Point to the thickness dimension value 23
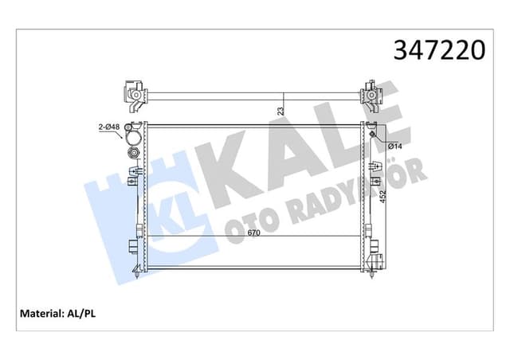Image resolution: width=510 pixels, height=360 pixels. [280, 112]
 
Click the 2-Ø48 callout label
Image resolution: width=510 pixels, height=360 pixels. [108, 126]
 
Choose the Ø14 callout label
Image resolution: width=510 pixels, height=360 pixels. [393, 146]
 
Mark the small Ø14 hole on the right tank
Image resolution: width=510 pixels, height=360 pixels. [372, 133]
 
